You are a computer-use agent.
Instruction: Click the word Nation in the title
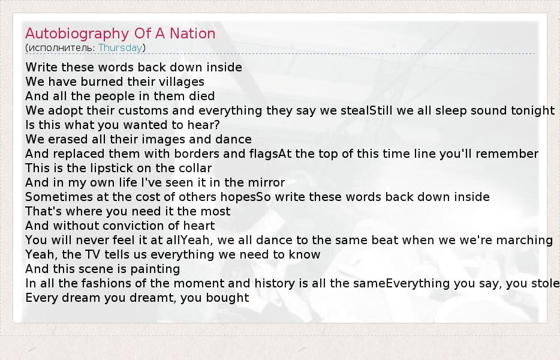point(192,33)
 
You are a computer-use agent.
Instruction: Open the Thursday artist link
point(121,48)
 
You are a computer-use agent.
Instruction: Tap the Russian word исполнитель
point(61,47)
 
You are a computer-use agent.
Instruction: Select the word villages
point(182,82)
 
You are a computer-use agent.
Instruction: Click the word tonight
point(532,111)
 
